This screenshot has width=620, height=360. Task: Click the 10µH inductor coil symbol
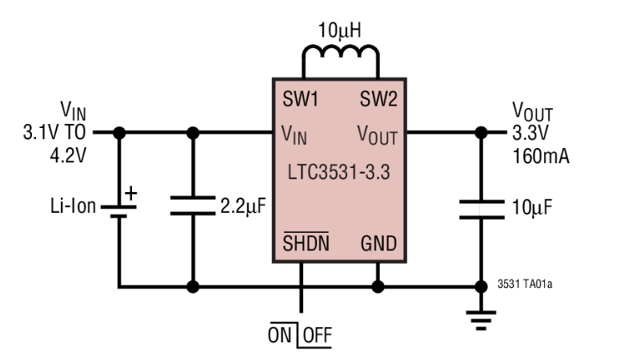339,54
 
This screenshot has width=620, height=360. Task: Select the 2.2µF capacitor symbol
192,207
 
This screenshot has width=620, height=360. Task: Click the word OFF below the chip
318,336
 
